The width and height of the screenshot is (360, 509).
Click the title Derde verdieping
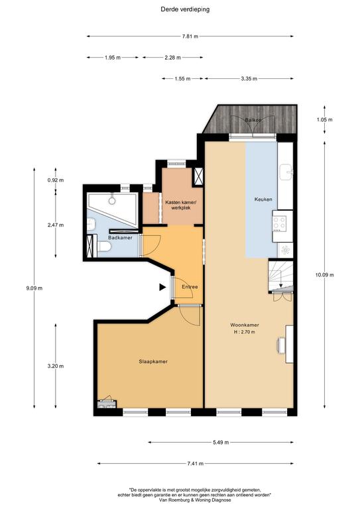tap(185, 9)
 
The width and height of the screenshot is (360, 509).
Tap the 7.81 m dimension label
tap(190, 36)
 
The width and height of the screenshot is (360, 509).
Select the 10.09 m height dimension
tap(325, 274)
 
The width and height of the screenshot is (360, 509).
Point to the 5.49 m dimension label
tap(221, 442)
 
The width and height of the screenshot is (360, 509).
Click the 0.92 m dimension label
tap(56, 180)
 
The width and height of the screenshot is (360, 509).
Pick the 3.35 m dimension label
tap(249, 79)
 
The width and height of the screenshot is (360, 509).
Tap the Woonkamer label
tap(245, 325)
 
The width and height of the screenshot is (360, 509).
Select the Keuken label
tap(263, 199)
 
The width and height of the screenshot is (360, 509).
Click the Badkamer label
tap(120, 238)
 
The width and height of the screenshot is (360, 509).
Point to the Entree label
tap(190, 287)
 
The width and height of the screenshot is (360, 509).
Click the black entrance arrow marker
tap(162, 287)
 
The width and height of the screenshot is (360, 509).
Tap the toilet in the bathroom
tap(103, 247)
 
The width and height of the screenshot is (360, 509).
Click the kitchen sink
tap(286, 172)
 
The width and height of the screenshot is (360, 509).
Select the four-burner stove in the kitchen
tap(279, 223)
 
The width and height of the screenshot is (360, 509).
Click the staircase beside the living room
tap(281, 276)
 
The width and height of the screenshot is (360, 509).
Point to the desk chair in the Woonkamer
tap(281, 345)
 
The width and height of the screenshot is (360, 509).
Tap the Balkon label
tap(253, 120)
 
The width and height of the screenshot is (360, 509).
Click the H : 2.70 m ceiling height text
tap(245, 332)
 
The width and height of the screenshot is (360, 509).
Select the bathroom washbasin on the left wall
tap(91, 224)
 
